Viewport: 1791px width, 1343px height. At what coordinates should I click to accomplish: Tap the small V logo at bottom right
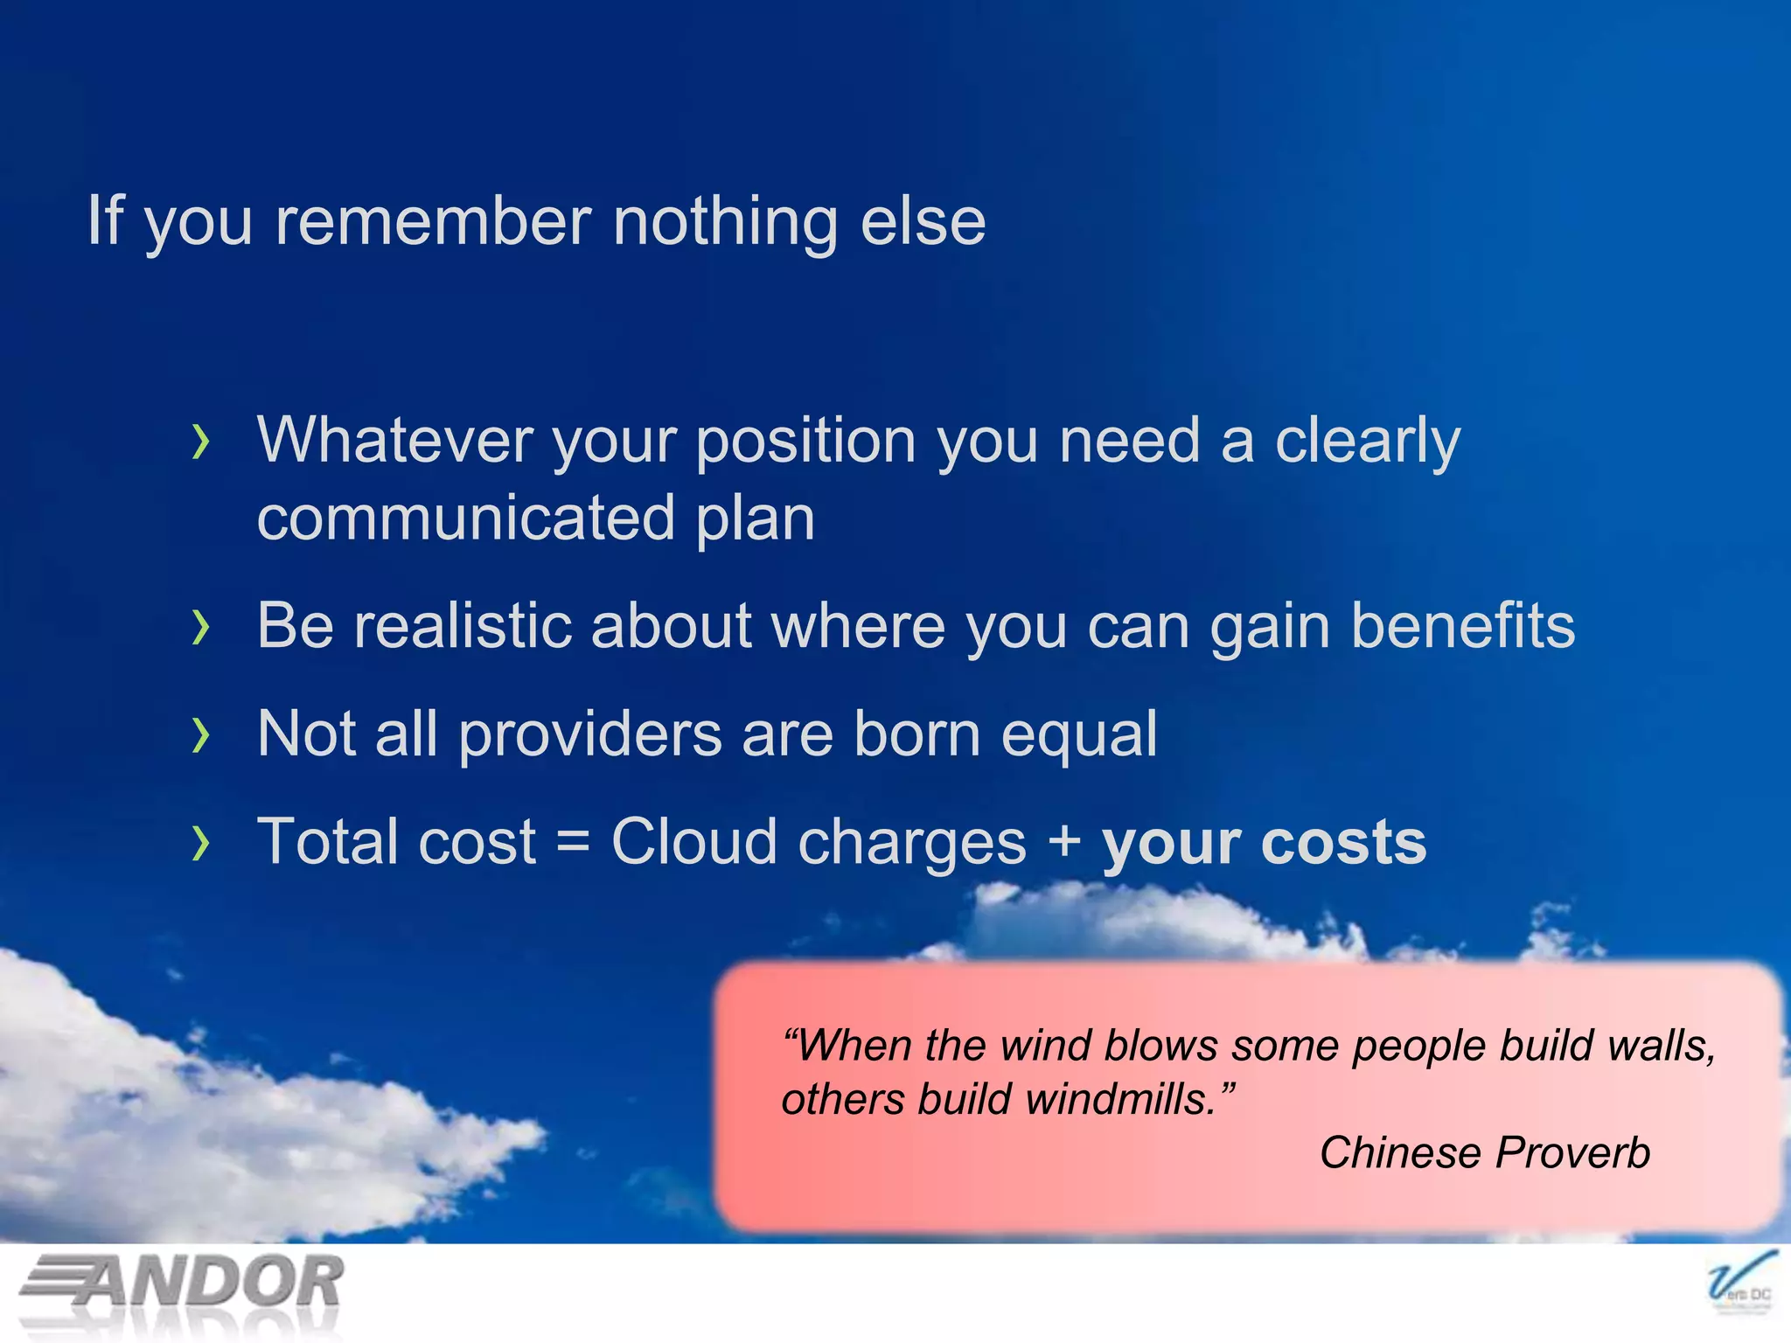(1740, 1284)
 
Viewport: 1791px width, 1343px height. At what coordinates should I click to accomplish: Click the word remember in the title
(433, 221)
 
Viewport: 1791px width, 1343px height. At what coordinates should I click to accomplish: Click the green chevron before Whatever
(202, 442)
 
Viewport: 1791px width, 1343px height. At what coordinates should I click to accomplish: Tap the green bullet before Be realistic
(202, 627)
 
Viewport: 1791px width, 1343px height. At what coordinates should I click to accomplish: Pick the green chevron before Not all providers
(202, 734)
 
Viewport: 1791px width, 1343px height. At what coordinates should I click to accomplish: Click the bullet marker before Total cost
(202, 843)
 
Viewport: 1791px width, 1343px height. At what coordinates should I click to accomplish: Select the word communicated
(466, 518)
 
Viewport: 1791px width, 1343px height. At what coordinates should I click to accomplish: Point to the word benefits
(1462, 626)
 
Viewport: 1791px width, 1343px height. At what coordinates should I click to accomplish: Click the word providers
(590, 734)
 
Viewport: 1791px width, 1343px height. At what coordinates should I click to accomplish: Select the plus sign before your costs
(1064, 843)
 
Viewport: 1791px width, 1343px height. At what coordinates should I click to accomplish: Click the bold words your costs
(1263, 843)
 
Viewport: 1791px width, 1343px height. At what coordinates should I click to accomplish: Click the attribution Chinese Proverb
(1484, 1152)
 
